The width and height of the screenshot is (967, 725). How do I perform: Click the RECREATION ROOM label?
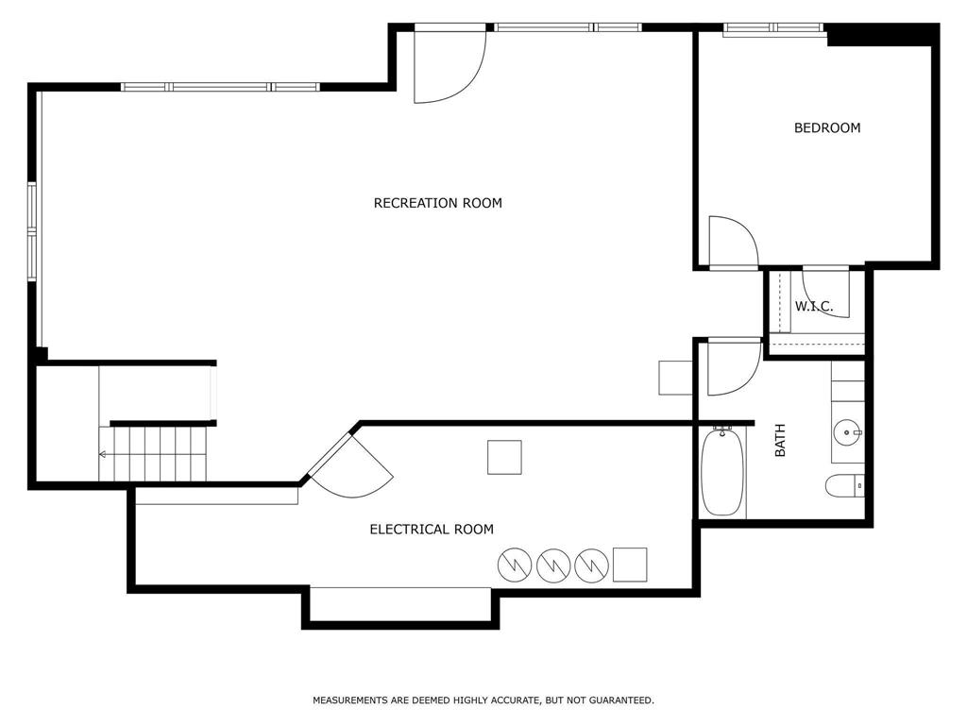[438, 203]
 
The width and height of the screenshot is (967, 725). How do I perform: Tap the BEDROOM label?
[827, 127]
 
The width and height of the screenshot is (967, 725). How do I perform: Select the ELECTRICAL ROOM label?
[432, 529]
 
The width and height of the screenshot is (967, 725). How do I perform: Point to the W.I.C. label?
[813, 306]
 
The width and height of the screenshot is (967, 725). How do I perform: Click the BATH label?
[780, 440]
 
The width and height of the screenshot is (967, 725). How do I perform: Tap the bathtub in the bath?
[722, 472]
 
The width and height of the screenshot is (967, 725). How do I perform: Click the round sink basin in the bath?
[847, 432]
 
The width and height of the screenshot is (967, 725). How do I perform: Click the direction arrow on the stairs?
[102, 454]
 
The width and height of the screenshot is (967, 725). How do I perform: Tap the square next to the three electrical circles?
[630, 565]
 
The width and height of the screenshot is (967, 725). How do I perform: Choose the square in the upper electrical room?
[504, 458]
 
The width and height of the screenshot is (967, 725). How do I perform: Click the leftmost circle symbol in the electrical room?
[515, 565]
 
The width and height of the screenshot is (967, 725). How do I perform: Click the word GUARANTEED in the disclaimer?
[621, 700]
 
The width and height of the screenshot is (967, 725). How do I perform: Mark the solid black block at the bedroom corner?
[883, 35]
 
